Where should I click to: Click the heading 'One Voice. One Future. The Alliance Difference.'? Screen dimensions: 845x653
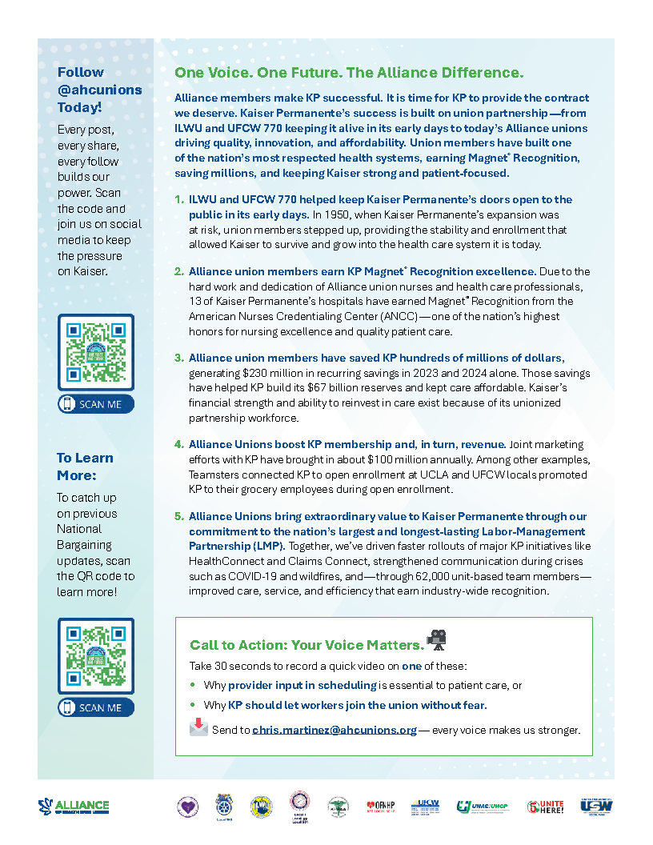pyautogui.click(x=349, y=73)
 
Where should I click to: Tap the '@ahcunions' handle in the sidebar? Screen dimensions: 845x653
pyautogui.click(x=99, y=90)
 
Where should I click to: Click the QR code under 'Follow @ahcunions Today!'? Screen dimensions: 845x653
pyautogui.click(x=96, y=353)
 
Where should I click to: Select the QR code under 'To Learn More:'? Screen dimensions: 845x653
pyautogui.click(x=96, y=656)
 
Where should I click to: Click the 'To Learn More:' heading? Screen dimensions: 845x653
pyautogui.click(x=85, y=467)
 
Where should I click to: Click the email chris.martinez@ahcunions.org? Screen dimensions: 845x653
pyautogui.click(x=335, y=730)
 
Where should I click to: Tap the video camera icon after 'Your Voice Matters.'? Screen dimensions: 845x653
pyautogui.click(x=436, y=639)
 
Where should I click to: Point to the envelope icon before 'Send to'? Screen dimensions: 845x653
pyautogui.click(x=198, y=727)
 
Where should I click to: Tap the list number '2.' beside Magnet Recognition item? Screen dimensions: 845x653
pyautogui.click(x=179, y=272)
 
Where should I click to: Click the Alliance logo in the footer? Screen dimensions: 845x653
pyautogui.click(x=74, y=806)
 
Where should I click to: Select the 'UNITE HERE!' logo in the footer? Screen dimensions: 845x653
pyautogui.click(x=545, y=807)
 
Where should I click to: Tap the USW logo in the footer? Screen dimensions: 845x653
pyautogui.click(x=596, y=806)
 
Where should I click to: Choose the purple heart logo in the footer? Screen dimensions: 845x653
pyautogui.click(x=187, y=806)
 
